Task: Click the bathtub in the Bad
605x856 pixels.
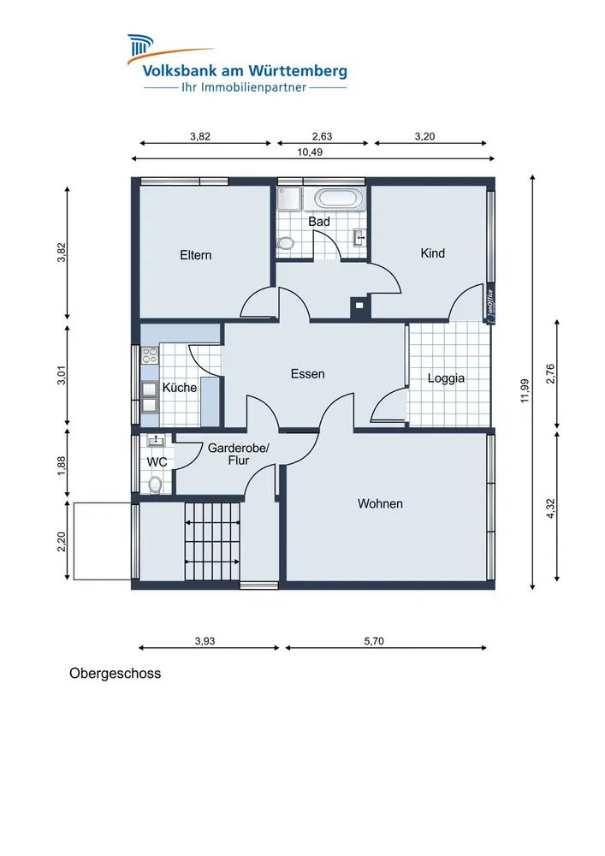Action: (335, 199)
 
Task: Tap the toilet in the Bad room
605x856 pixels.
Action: (285, 243)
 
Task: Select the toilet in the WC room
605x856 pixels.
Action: (156, 484)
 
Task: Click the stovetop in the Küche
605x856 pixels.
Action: (150, 356)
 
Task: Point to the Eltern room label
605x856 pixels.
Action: (196, 255)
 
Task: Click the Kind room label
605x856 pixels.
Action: (433, 253)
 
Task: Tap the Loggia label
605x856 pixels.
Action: (446, 378)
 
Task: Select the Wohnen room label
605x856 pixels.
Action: (380, 504)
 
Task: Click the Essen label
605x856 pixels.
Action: (308, 374)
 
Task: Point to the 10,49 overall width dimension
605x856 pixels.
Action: (310, 152)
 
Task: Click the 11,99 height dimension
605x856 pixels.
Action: (525, 391)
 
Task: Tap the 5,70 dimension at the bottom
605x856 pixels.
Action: (374, 641)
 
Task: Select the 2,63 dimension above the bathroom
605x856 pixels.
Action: (322, 136)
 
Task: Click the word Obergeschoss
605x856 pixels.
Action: (116, 674)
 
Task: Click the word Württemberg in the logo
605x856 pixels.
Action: (298, 71)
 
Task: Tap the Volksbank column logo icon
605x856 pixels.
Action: (140, 45)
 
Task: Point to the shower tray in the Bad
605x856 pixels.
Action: (288, 199)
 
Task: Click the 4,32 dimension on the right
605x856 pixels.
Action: (550, 508)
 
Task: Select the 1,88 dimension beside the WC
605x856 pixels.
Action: (61, 466)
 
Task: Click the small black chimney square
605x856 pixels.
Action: (359, 306)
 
